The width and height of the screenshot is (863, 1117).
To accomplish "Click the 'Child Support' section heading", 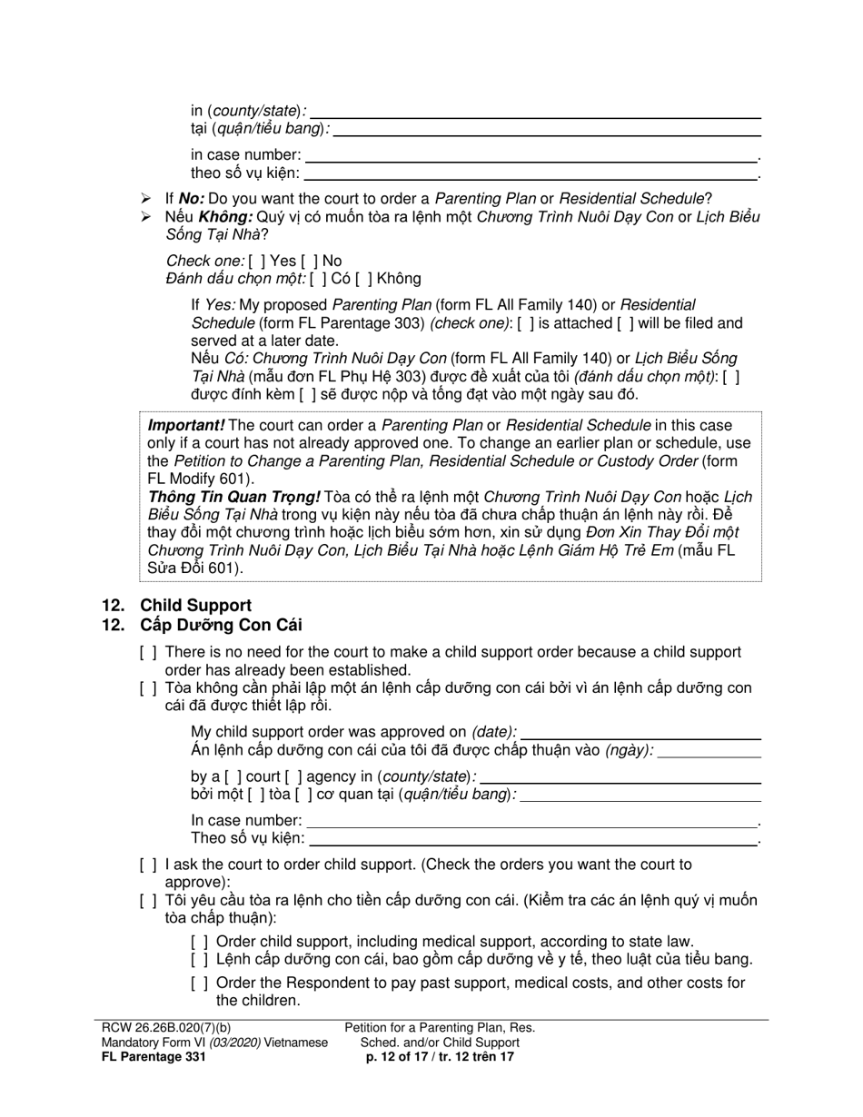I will click(195, 606).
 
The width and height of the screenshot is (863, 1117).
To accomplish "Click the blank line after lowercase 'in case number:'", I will click(531, 155).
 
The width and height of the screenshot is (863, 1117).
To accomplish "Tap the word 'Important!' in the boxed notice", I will click(186, 426).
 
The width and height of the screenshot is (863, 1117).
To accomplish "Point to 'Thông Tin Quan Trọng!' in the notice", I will click(233, 498).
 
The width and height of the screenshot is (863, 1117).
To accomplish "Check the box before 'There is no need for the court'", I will click(148, 653).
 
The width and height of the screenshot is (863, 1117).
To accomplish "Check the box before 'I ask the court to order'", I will click(148, 865).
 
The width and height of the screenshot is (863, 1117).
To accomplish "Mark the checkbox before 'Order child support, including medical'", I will click(199, 942).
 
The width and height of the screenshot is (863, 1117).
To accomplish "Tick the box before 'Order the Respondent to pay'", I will click(199, 984).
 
